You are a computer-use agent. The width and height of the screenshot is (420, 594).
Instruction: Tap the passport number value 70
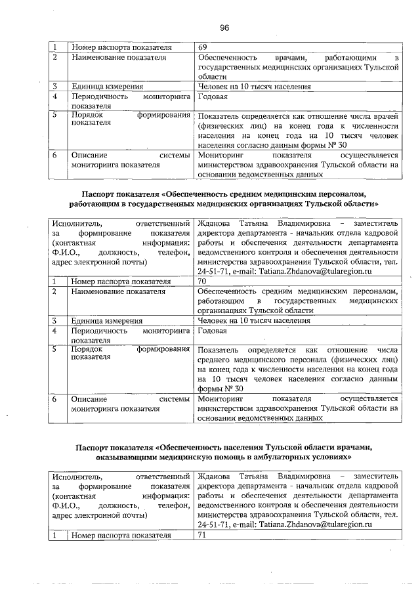[201, 282]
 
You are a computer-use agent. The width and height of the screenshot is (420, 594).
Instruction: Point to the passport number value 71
[201, 536]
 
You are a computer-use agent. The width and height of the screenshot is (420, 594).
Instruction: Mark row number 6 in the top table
[56, 156]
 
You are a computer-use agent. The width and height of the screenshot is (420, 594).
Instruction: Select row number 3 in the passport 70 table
[56, 321]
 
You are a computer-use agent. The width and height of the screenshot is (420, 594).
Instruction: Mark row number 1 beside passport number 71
[56, 536]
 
